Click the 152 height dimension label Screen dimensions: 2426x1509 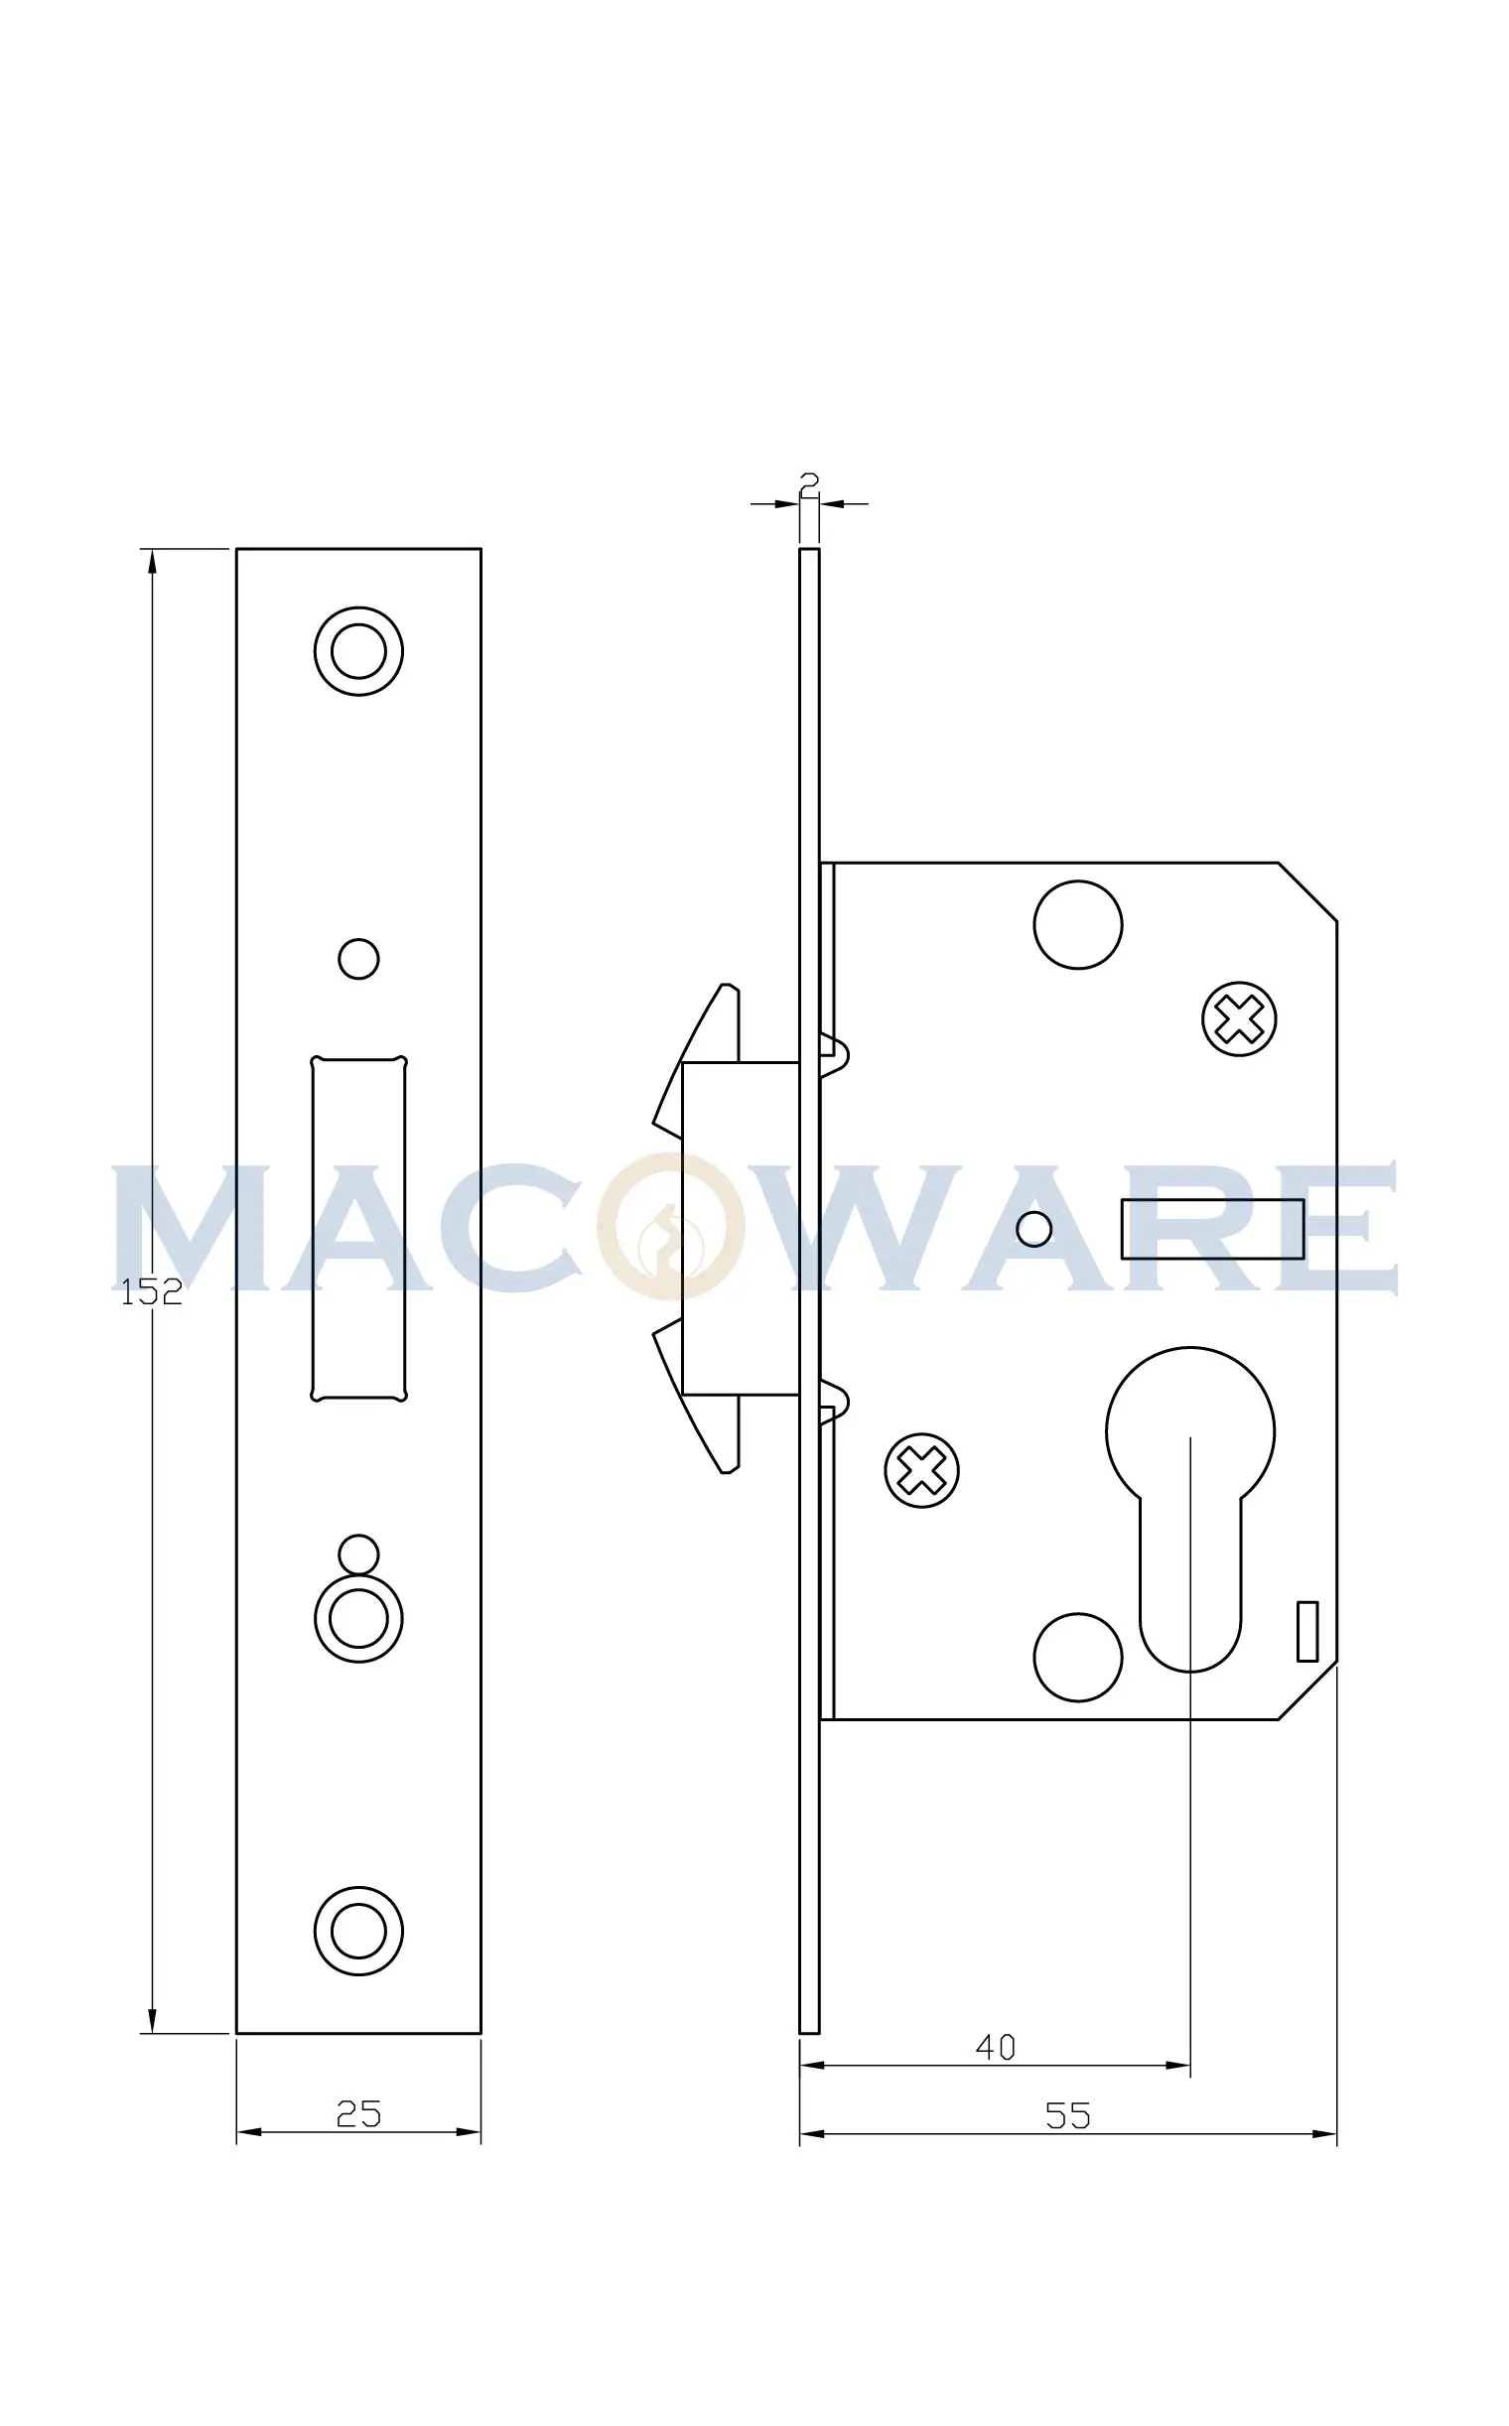(152, 1292)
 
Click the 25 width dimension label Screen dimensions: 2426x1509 (358, 2113)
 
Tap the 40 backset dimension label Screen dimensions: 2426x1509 (995, 2047)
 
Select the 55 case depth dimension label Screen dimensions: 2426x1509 (1068, 2115)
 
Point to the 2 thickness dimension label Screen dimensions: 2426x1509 (809, 483)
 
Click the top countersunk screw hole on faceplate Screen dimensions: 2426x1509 (358, 650)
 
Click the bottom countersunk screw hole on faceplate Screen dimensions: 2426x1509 (358, 1931)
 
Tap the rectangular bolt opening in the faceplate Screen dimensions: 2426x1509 (358, 1229)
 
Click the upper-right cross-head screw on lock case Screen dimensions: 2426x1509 (1240, 1019)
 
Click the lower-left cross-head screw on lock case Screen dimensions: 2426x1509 (922, 1470)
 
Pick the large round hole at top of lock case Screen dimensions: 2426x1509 (1078, 924)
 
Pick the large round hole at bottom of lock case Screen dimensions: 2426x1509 (1078, 1657)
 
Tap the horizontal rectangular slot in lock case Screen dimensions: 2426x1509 (1212, 1229)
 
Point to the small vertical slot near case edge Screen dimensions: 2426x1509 (1307, 1632)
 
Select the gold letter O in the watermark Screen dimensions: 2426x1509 (671, 1227)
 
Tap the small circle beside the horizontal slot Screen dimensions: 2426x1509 (1033, 1229)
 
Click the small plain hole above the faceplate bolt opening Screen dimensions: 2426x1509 (358, 959)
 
